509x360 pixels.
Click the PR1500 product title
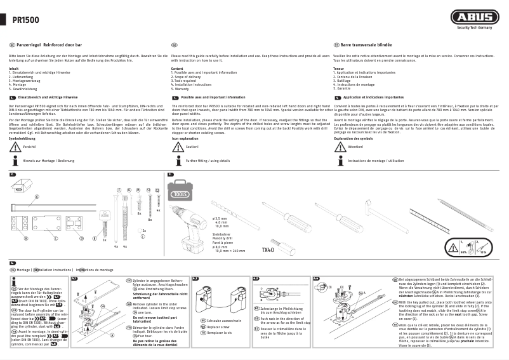coord(26,20)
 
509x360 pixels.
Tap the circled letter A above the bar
coord(35,197)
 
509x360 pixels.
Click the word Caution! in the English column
coord(192,147)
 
